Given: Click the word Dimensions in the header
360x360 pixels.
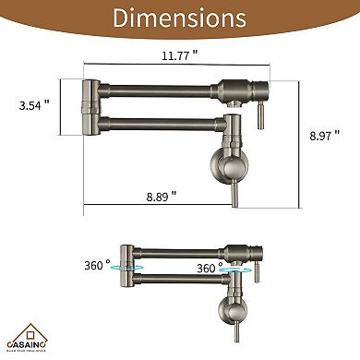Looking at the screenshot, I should coord(179,19).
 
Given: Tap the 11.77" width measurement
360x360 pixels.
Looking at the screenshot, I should coord(174,56).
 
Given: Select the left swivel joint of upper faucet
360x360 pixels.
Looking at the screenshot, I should coord(88,101).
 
